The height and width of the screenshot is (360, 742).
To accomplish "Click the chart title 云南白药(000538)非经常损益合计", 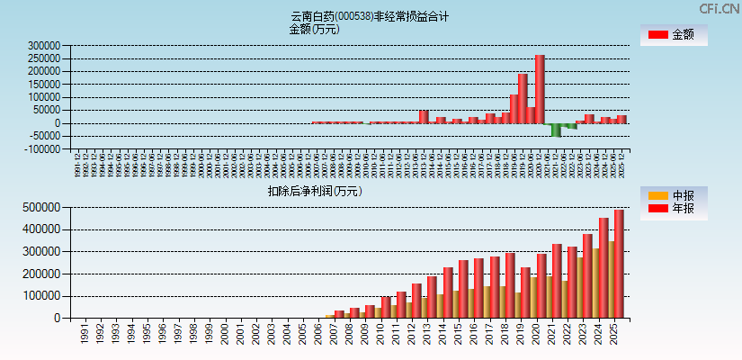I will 370,16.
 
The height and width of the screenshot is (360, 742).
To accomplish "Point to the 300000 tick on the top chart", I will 43,45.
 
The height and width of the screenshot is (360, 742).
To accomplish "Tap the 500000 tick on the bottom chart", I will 41,207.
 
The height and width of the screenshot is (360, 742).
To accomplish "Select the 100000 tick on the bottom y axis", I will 41,295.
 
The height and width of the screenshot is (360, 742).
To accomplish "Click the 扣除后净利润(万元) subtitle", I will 314,191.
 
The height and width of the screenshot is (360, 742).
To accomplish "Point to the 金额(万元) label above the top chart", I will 314,29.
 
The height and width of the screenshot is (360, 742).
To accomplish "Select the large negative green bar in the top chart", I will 556,130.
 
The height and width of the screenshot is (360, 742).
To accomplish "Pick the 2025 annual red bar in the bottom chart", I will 619,263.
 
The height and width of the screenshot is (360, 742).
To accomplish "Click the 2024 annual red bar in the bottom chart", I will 603,267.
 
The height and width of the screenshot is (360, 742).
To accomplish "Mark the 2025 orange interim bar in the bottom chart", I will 611,279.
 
